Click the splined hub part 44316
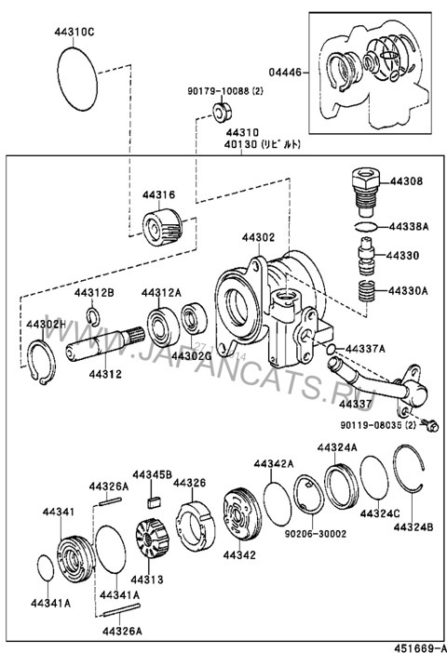click(163, 226)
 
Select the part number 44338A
click(408, 226)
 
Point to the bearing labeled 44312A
click(161, 322)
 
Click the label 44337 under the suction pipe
click(356, 405)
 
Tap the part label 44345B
click(153, 474)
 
